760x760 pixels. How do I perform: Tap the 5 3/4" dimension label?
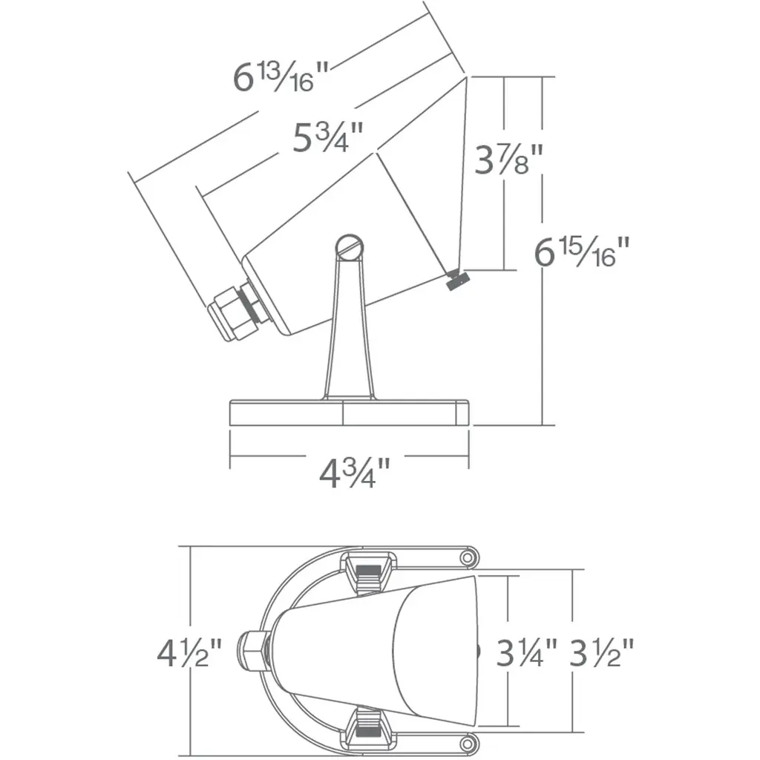point(328,137)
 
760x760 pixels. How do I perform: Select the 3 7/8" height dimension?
point(508,159)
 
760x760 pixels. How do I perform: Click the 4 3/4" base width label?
point(354,473)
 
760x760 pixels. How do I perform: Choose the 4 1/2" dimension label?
point(189,653)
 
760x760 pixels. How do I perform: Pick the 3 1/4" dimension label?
point(527,652)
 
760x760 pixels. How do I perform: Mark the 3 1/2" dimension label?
point(601,652)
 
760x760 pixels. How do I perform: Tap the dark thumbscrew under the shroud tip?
point(457,280)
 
